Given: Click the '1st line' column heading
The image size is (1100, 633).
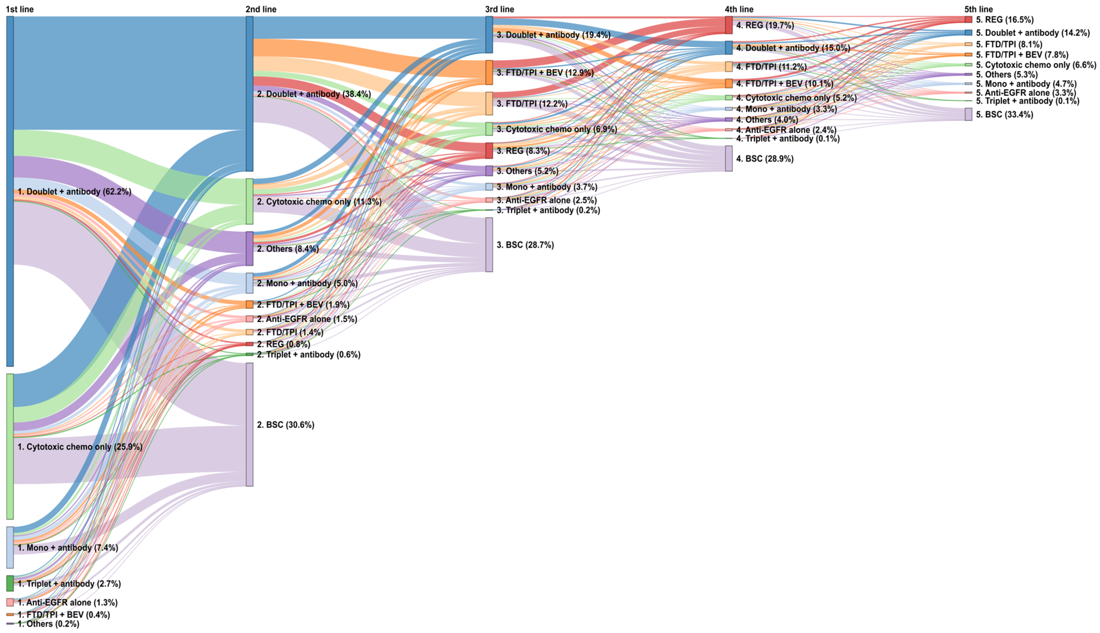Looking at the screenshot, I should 20,9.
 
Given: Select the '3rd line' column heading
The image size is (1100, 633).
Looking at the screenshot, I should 499,9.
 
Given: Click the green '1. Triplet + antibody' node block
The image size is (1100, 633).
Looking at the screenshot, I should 10,583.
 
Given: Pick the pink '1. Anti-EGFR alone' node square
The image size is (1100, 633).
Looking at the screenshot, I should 10,602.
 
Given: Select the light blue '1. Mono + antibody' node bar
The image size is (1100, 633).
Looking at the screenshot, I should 10,547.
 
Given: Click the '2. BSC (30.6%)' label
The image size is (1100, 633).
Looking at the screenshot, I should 285,425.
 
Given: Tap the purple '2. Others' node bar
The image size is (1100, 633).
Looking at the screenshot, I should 249,248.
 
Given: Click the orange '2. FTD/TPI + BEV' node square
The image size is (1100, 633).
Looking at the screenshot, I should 249,304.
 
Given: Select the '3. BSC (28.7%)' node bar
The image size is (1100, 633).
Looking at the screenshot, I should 489,245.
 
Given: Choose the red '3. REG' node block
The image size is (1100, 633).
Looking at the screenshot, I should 489,150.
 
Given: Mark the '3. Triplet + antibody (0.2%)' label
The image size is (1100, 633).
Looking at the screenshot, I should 548,210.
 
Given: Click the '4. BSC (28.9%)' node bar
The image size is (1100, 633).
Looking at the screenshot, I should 728,159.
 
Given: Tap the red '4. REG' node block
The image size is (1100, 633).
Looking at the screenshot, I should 728,25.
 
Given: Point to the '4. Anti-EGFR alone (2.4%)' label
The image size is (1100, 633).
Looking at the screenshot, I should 786,130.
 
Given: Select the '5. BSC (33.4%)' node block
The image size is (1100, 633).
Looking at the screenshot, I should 968,114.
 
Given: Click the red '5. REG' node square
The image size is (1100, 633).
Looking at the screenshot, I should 968,20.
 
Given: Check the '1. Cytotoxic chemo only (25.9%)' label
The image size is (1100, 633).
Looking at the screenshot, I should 80,447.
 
